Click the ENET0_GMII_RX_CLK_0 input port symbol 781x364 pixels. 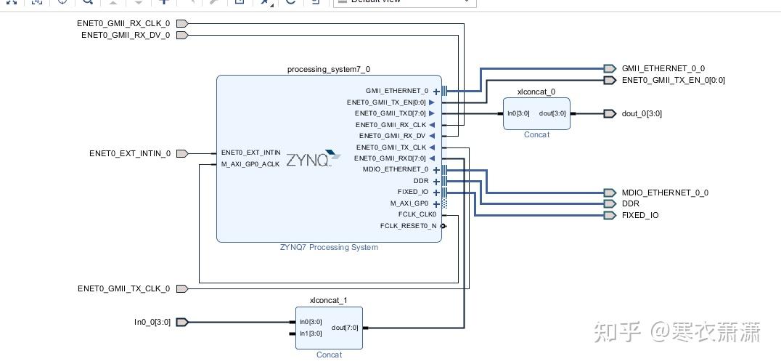pos(182,23)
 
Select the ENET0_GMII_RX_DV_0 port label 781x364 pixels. pos(126,35)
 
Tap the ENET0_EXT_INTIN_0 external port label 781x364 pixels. pos(130,153)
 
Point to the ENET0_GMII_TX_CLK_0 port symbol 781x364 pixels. pos(182,288)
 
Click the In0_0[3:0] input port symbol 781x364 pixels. pos(182,322)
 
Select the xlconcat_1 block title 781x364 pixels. pos(329,300)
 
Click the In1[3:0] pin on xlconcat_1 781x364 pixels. pos(311,333)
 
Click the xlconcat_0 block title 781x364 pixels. pos(536,92)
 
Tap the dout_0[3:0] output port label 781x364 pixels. pos(642,113)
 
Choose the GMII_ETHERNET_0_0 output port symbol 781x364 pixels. pos(610,68)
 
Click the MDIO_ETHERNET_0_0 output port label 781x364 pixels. pos(665,193)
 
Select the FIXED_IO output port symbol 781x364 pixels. pos(610,215)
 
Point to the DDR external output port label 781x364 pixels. pos(631,204)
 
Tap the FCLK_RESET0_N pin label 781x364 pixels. pos(409,226)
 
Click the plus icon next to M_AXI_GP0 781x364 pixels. pos(436,204)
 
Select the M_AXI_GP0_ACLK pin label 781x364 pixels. pos(250,163)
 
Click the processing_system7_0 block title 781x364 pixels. pos(329,69)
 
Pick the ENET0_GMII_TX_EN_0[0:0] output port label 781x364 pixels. pos(674,80)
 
